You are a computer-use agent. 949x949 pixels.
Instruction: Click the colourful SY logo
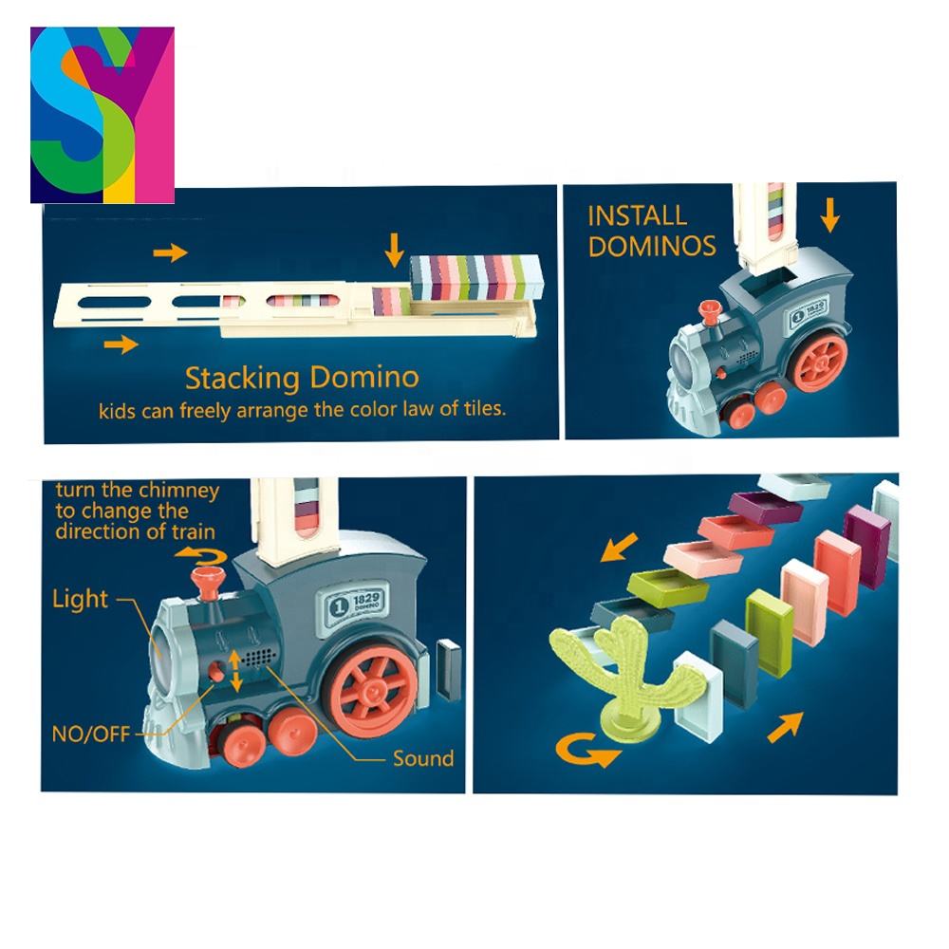[x=102, y=114]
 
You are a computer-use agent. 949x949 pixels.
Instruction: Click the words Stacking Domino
[x=301, y=378]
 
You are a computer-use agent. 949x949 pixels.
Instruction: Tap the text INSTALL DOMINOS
[x=651, y=231]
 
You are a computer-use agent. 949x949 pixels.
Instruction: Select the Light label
[x=80, y=599]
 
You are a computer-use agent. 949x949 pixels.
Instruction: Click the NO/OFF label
[x=91, y=733]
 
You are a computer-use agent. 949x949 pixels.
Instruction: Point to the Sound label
[x=423, y=758]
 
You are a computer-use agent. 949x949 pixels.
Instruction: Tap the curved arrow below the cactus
[x=588, y=752]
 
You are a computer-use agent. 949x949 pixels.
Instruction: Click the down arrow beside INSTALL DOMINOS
[x=830, y=216]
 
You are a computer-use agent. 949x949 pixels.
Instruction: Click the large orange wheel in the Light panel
[x=374, y=687]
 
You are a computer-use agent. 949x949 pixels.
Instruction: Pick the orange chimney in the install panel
[x=706, y=312]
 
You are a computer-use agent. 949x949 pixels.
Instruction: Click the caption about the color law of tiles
[x=301, y=411]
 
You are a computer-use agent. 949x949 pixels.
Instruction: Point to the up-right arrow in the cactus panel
[x=783, y=726]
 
